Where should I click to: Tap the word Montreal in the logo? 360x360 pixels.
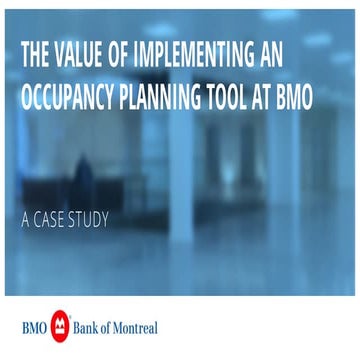tap(140, 327)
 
